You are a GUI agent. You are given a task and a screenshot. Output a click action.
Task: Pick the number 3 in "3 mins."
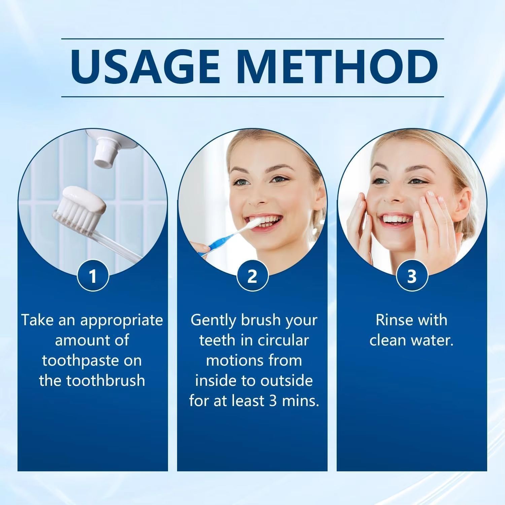pos(272,401)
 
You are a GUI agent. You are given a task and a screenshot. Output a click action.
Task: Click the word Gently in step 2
pos(213,320)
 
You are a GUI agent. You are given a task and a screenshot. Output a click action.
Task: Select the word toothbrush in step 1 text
pos(105,381)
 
